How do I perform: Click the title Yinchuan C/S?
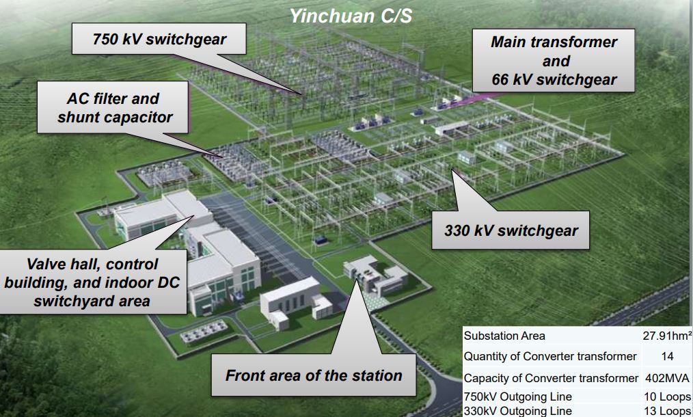351,16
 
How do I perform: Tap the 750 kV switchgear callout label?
159,39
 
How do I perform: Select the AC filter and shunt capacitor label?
114,107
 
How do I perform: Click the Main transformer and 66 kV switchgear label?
554,61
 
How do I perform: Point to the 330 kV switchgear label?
511,230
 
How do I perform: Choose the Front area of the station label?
314,375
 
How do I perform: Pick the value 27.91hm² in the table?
667,336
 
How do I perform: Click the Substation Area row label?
504,336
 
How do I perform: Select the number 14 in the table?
667,356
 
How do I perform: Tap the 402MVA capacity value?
667,378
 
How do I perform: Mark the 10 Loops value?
667,396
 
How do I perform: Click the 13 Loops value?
667,411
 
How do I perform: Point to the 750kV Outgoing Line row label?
517,396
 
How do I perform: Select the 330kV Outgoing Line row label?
517,411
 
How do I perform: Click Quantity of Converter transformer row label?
550,356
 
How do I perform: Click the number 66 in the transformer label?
500,79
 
